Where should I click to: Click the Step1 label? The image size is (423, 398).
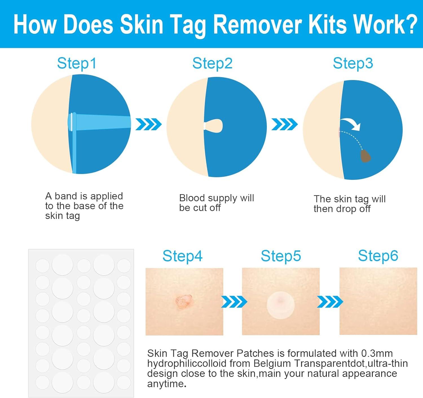click(77, 63)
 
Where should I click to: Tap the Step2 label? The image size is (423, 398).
click(212, 63)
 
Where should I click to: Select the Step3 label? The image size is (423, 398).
click(353, 63)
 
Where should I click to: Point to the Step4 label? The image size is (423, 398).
click(182, 256)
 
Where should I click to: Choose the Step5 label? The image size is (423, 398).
click(281, 256)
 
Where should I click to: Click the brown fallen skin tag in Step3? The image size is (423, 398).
click(366, 156)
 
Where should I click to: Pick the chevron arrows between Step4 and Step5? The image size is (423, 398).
click(234, 302)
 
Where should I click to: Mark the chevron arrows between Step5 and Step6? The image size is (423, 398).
click(330, 302)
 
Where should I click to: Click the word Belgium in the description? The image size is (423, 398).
click(271, 363)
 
